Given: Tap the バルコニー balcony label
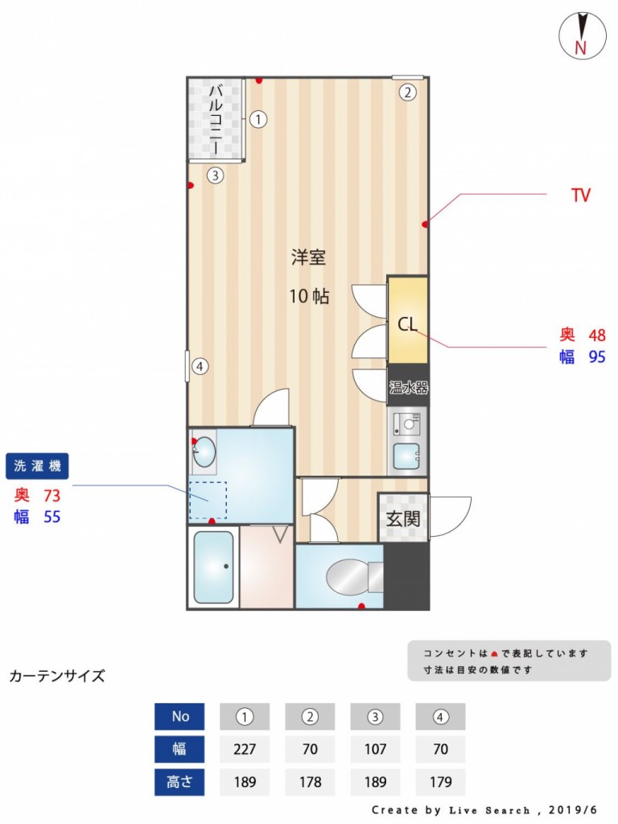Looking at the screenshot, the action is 216,119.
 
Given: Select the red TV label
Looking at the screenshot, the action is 581,195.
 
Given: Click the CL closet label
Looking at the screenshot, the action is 407,324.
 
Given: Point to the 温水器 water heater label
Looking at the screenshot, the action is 408,388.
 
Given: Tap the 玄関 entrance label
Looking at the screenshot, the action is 403,519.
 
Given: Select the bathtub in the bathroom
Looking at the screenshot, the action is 213,567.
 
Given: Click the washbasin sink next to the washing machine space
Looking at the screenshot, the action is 204,451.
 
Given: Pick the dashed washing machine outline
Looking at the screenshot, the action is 208,500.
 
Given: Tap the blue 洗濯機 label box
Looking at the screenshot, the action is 37,466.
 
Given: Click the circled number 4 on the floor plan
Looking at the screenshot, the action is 200,366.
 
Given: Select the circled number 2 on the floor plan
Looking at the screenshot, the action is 407,93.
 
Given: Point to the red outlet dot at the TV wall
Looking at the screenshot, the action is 425,225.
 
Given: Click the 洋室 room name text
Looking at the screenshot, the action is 309,257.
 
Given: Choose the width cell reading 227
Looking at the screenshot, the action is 245,749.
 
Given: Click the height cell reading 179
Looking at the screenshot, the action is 440,782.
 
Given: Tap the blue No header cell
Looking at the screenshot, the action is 179,716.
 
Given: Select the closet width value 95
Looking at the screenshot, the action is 597,356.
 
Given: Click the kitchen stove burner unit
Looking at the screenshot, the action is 407,423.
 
